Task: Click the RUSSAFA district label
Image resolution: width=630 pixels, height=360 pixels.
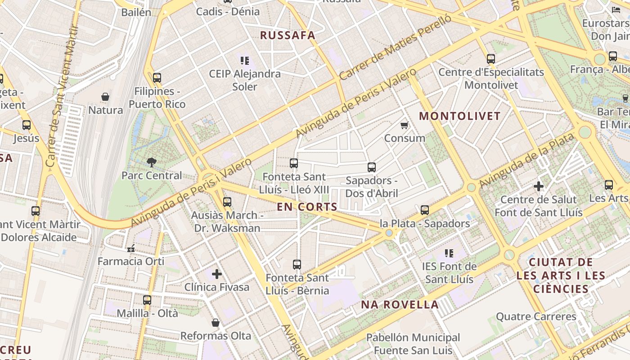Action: click(288, 36)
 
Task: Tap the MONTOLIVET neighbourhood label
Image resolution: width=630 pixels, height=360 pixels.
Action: click(460, 116)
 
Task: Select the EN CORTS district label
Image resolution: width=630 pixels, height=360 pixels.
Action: click(307, 207)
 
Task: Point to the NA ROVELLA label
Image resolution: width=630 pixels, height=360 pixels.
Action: click(400, 305)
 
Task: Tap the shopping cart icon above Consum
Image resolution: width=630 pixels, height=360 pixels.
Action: click(404, 125)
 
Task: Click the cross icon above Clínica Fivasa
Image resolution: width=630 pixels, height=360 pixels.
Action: click(217, 274)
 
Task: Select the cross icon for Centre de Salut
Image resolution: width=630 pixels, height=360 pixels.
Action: click(538, 186)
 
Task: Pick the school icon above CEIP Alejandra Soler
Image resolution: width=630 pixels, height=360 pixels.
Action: click(245, 60)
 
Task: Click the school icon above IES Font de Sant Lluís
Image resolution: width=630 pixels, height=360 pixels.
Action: click(449, 253)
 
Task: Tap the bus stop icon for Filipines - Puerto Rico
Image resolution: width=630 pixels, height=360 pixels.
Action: click(157, 78)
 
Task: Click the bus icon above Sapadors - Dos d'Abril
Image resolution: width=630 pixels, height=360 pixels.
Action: click(371, 167)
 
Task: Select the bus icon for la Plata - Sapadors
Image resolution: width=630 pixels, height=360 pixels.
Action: click(424, 210)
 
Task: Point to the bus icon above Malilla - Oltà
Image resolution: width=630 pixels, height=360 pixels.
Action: click(147, 300)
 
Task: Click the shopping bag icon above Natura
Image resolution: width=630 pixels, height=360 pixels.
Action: click(105, 97)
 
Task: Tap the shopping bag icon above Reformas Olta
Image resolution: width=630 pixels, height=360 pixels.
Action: click(216, 323)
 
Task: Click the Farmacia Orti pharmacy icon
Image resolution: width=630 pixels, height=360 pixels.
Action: click(131, 248)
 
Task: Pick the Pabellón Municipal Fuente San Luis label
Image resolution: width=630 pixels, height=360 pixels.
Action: click(413, 344)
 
